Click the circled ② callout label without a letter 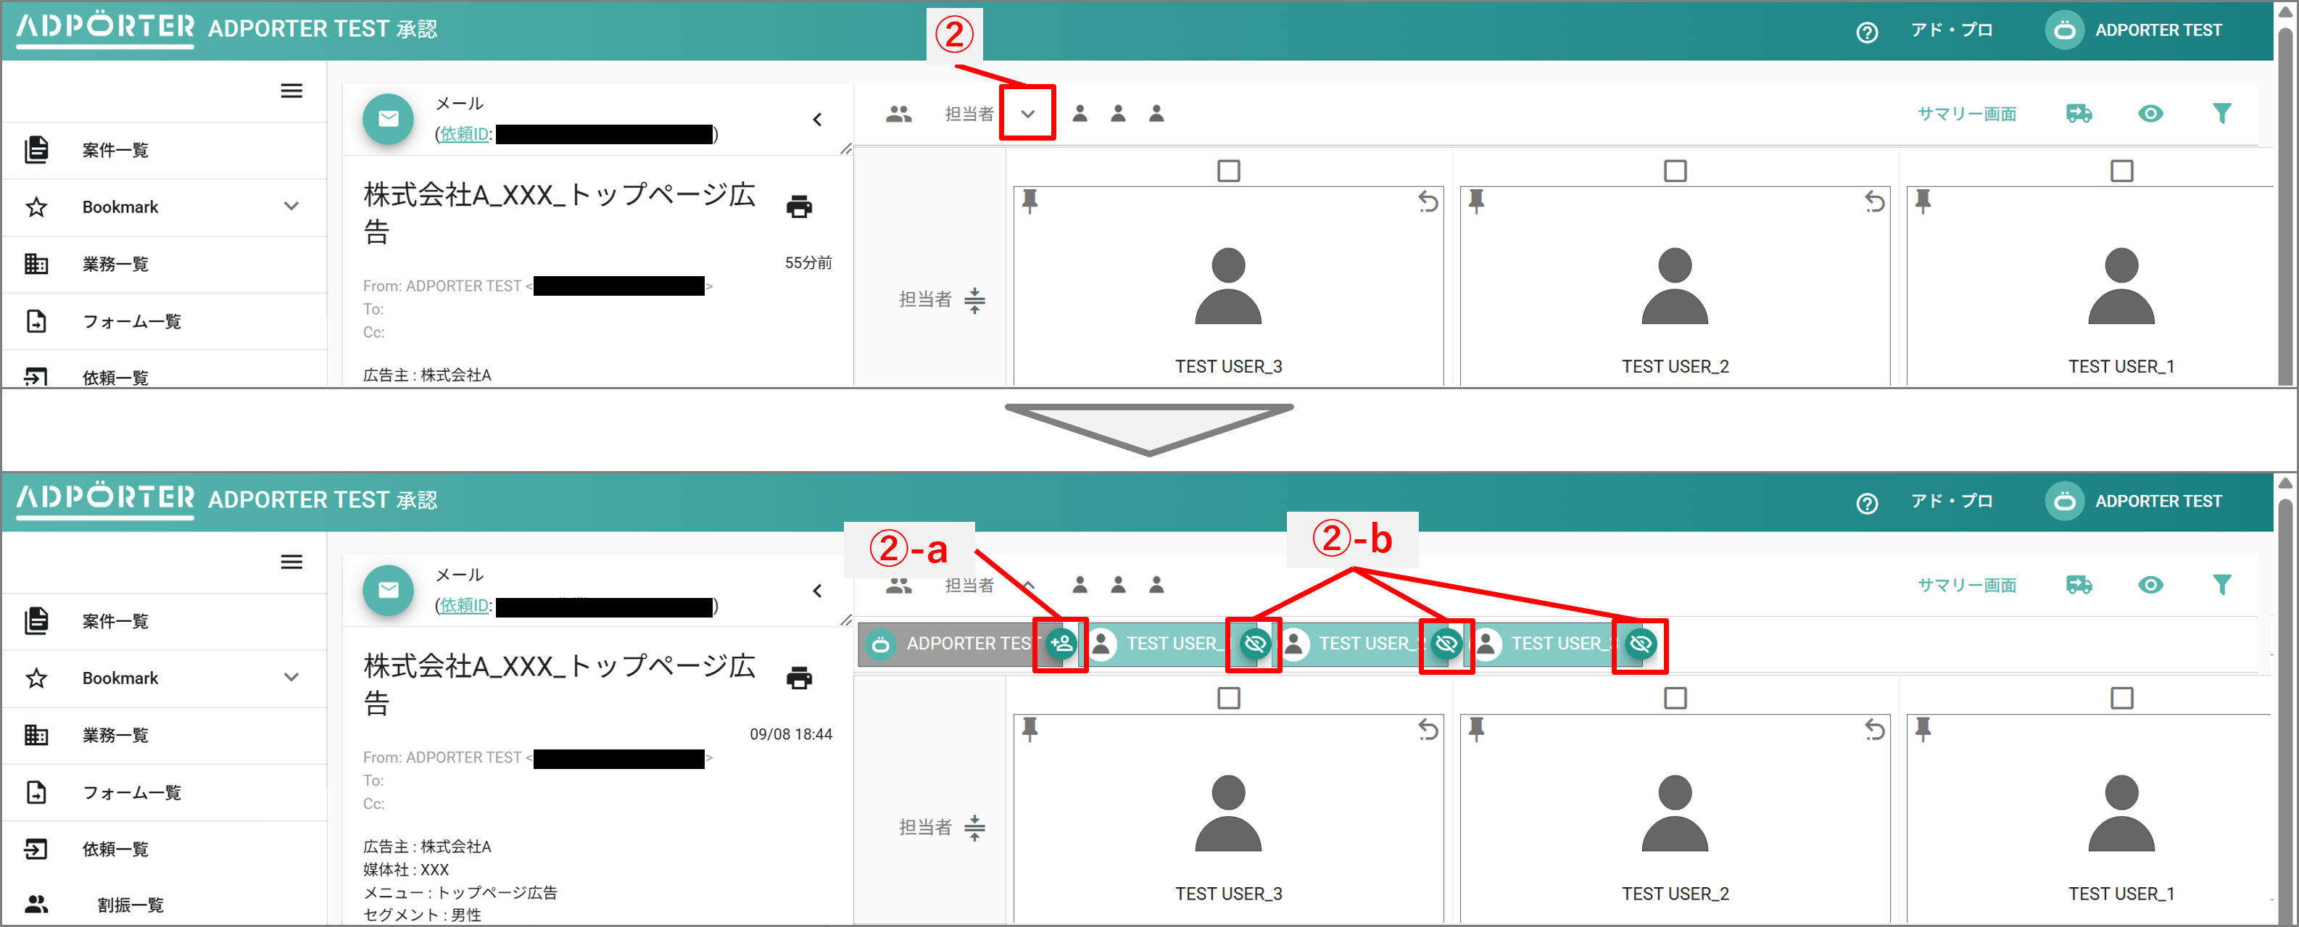coord(954,35)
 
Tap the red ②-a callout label coord(908,549)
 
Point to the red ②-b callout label coord(1351,539)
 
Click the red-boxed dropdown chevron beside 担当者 coord(1027,113)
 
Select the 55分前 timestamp coord(808,262)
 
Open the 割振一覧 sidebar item coord(131,904)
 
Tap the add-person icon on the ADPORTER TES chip coord(1061,644)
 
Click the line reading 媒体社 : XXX coord(406,869)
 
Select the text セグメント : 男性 coord(421,915)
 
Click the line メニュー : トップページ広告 coord(460,891)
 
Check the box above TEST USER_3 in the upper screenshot coord(1228,170)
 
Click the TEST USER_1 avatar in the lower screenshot coord(2121,812)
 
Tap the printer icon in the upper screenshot coord(799,207)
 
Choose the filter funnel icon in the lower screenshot coord(2221,584)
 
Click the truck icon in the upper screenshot coord(2079,113)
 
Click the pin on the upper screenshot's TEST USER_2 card coord(1476,201)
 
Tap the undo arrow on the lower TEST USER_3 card coord(1428,730)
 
